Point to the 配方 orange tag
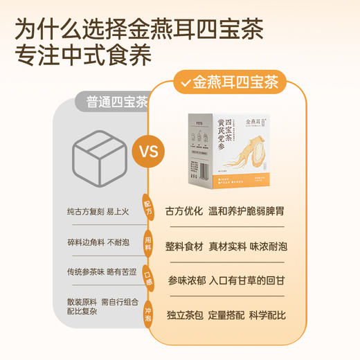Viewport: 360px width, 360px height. pos(147,206)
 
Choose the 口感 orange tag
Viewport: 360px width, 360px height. pos(147,275)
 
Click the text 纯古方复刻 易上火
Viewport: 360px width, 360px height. pos(99,210)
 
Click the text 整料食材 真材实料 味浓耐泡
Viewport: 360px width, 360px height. pos(226,246)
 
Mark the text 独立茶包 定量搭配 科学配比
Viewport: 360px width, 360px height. pos(226,315)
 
